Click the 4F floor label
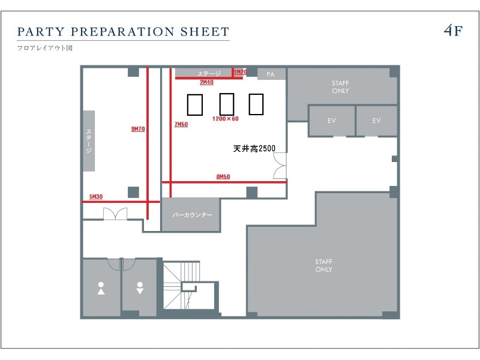[x=453, y=31]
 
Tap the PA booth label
[x=271, y=74]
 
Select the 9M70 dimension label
[x=138, y=129]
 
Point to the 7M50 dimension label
[x=181, y=124]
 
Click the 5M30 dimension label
[x=96, y=197]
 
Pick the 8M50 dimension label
[x=223, y=176]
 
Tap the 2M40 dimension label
[x=206, y=82]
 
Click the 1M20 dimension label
[x=241, y=72]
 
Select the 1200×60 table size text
[x=226, y=118]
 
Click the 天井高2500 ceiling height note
[x=254, y=148]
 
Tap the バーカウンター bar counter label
[x=192, y=215]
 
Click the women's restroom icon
[x=101, y=289]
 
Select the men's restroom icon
[x=140, y=289]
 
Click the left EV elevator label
[x=332, y=121]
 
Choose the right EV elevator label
[x=377, y=121]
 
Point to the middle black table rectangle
[x=227, y=104]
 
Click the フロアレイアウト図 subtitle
[x=44, y=48]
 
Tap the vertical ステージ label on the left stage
[x=89, y=141]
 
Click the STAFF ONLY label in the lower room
[x=324, y=265]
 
